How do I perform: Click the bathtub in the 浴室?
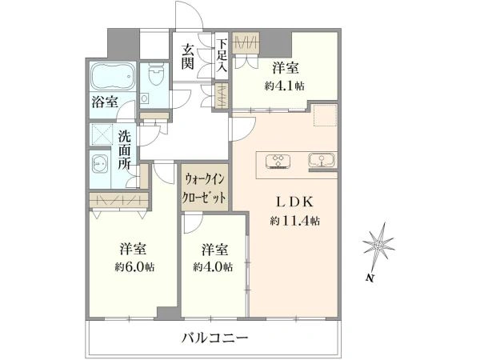click(113, 76)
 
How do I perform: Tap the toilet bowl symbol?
click(154, 74)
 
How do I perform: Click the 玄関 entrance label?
click(188, 56)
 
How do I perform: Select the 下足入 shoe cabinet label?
click(222, 55)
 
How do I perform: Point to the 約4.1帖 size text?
click(285, 86)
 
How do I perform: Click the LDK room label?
click(294, 202)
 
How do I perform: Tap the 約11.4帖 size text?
click(295, 220)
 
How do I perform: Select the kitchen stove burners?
click(278, 161)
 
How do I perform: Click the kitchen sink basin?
click(322, 160)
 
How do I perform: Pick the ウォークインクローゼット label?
click(204, 187)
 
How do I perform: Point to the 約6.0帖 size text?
click(134, 267)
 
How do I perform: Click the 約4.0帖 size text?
click(213, 267)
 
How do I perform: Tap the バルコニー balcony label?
click(215, 338)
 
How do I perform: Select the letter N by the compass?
click(370, 278)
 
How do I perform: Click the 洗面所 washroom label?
click(125, 150)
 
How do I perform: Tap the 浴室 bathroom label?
click(105, 102)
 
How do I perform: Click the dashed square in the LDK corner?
click(325, 115)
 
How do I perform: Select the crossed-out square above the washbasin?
click(102, 134)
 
